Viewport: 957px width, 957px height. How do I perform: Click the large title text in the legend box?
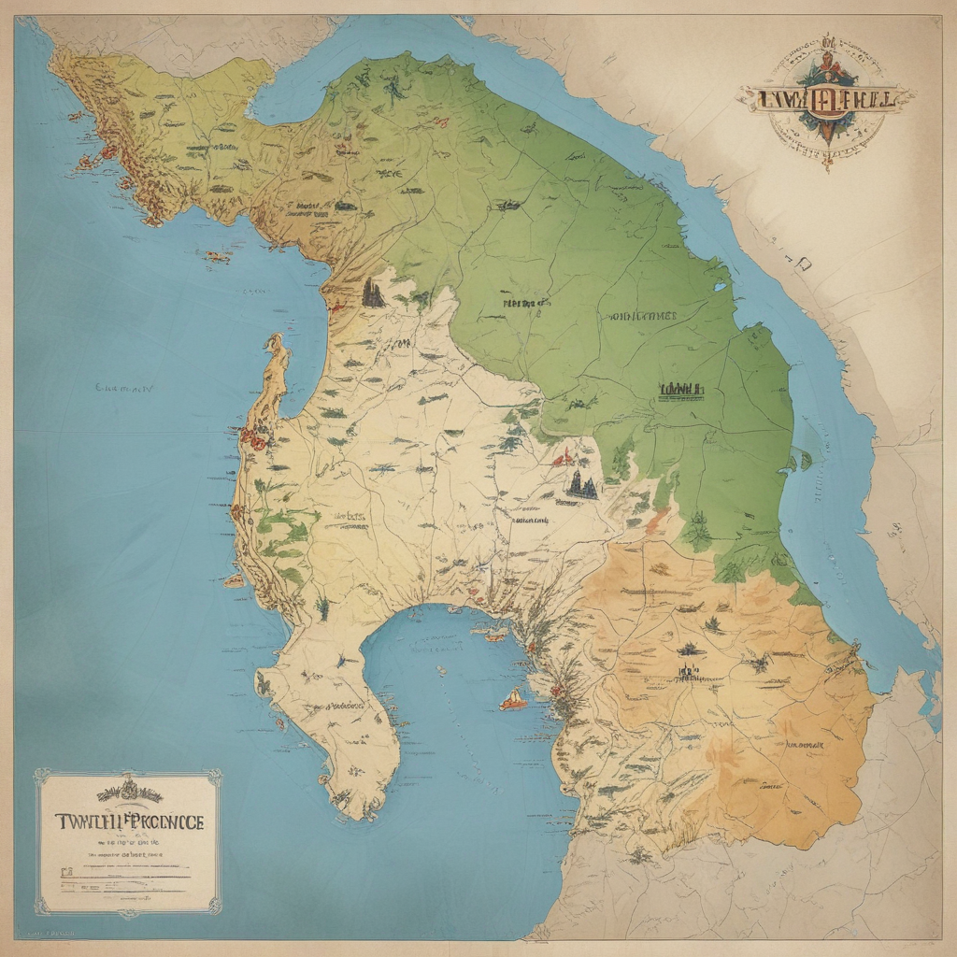(x=128, y=822)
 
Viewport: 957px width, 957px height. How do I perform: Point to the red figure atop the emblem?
(x=827, y=56)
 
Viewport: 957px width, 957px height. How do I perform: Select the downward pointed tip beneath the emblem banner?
(x=827, y=164)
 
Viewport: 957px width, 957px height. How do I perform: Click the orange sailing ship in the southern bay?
(x=513, y=699)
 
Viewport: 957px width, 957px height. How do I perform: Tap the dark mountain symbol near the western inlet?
(x=373, y=293)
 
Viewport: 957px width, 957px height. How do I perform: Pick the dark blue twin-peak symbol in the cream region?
(x=580, y=483)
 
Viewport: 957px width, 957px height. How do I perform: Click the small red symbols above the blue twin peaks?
(x=563, y=458)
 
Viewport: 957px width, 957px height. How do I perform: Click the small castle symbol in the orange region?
(x=690, y=670)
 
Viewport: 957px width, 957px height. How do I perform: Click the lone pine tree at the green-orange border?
(x=697, y=533)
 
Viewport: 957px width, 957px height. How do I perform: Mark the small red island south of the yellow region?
(x=218, y=256)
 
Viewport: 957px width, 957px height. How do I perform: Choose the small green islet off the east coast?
(x=804, y=459)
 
